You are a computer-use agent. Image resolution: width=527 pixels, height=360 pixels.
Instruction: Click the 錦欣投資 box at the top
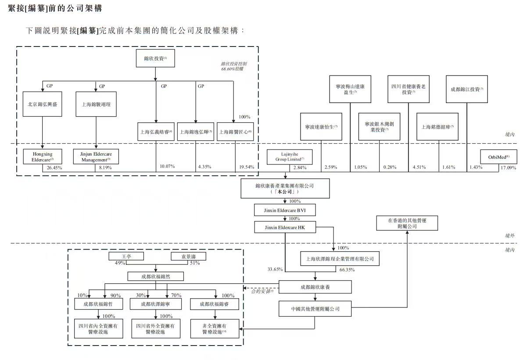[155, 58]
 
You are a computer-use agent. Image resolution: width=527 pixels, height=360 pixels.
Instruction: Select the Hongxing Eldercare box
[43, 157]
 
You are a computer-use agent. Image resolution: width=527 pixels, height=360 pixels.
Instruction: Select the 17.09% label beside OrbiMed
[509, 167]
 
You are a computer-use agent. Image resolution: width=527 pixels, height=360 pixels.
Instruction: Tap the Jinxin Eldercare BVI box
[285, 210]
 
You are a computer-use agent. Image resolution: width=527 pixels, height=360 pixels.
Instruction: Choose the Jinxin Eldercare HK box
[285, 227]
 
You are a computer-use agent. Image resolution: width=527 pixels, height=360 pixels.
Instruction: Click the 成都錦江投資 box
[466, 89]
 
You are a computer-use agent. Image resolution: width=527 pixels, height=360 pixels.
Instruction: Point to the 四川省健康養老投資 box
[408, 89]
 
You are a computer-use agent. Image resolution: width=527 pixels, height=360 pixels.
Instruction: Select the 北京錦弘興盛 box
[43, 104]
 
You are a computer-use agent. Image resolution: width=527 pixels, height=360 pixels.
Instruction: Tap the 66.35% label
[347, 269]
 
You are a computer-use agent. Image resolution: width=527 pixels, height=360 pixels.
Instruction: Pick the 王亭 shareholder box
[126, 256]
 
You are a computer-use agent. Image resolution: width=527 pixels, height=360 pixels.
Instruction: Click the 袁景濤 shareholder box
[188, 256]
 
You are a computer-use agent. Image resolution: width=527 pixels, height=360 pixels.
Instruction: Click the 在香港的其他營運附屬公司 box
[407, 223]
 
